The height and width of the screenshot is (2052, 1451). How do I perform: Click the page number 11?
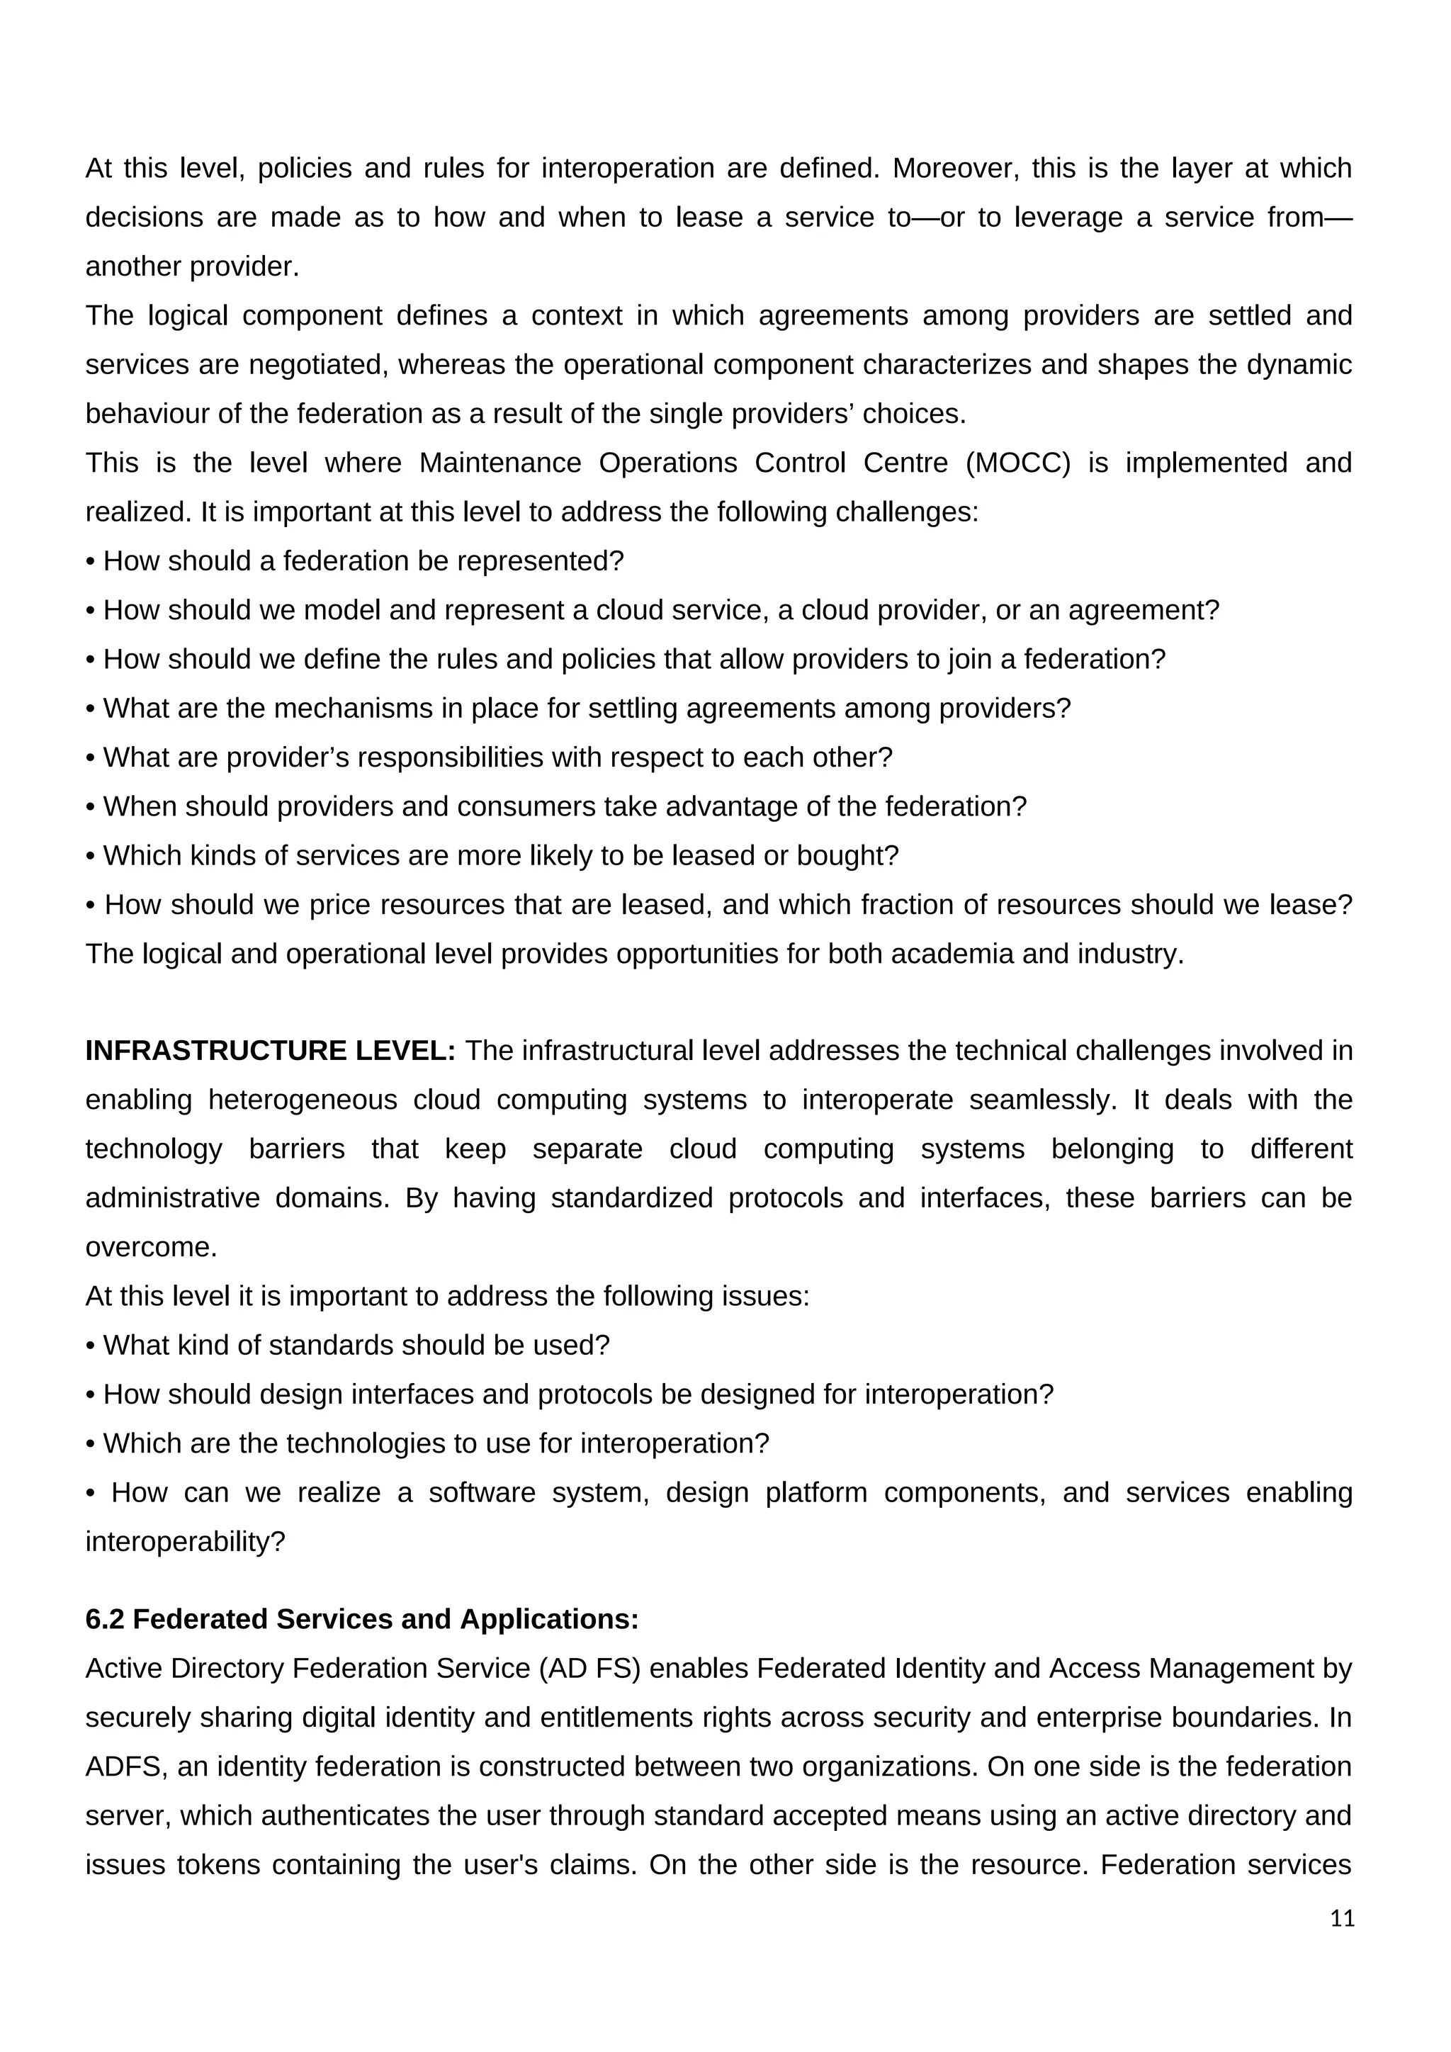[x=1342, y=1919]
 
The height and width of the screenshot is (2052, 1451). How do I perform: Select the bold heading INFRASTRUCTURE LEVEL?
[x=270, y=1051]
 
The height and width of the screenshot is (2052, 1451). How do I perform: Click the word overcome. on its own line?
[x=151, y=1248]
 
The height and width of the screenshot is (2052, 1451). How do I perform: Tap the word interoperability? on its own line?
[x=185, y=1543]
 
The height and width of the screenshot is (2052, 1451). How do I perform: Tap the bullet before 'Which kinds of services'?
[x=90, y=856]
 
